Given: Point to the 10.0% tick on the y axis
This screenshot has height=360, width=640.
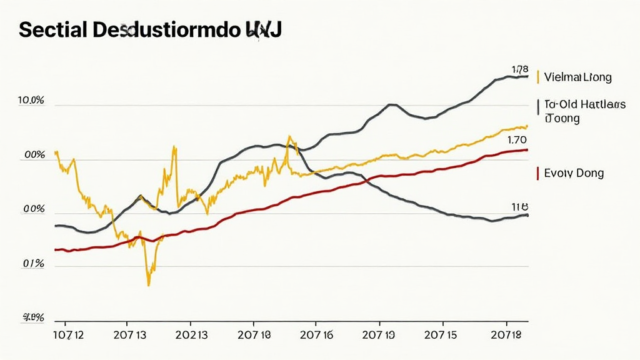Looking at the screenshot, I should tap(31, 101).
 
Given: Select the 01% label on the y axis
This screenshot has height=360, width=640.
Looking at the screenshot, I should tap(33, 264).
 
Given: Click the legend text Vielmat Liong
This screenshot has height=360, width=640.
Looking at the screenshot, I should tap(577, 77).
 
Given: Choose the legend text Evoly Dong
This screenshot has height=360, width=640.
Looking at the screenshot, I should tap(574, 173).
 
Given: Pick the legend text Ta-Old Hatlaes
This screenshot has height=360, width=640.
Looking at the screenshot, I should tap(585, 105).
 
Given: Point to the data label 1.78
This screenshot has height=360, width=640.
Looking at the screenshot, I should tap(520, 69).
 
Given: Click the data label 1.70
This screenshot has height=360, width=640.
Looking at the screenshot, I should tap(517, 140).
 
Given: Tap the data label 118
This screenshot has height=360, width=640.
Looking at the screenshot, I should tap(520, 206).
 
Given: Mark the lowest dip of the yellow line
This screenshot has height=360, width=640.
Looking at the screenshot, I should tap(149, 285).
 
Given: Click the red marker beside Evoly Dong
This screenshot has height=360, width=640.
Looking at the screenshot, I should tap(537, 173).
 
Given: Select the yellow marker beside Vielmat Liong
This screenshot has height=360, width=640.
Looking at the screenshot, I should tap(537, 77).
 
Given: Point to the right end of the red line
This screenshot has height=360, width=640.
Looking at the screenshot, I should tap(528, 150).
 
